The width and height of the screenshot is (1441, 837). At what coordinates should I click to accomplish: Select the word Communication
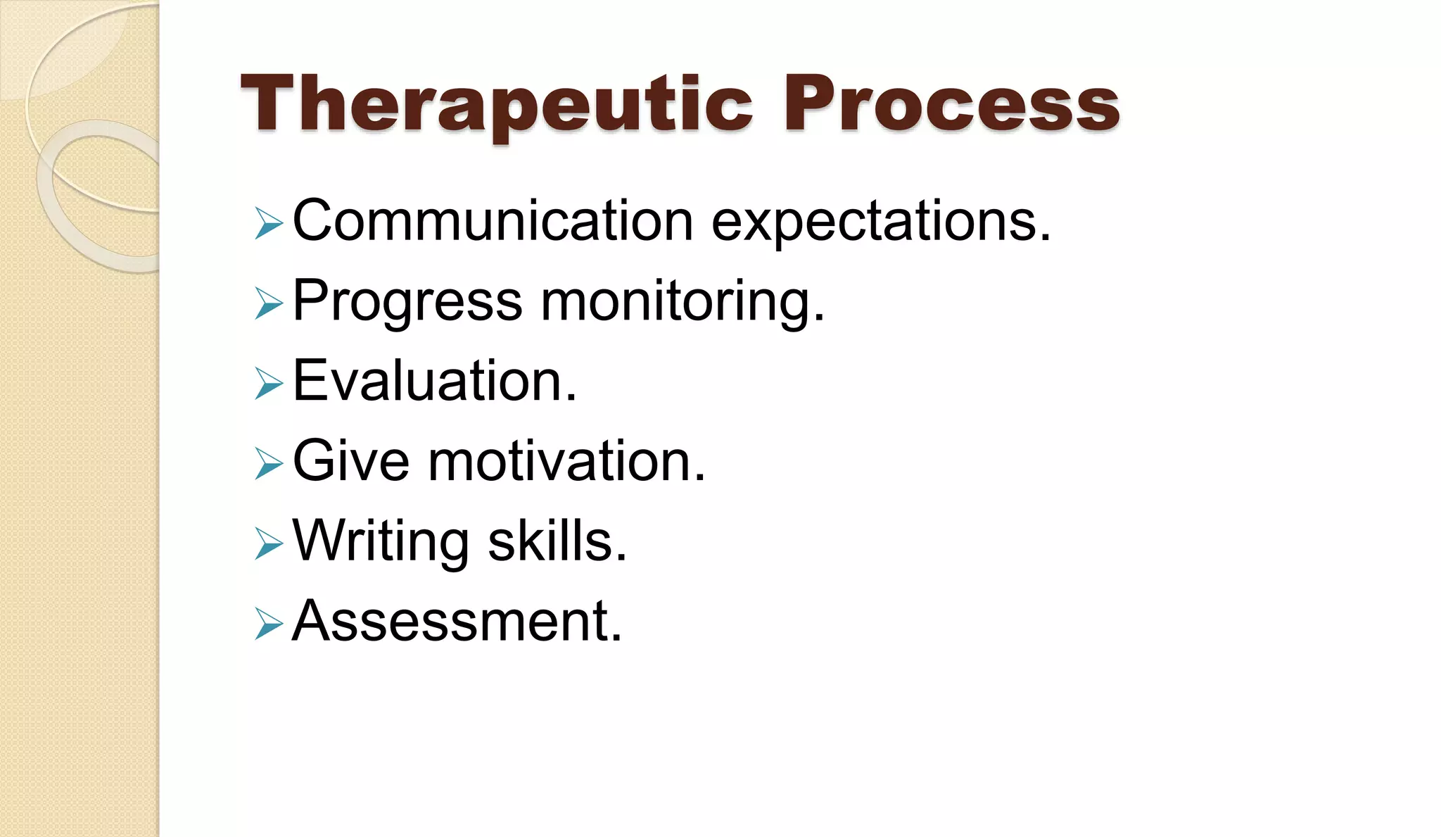pos(493,221)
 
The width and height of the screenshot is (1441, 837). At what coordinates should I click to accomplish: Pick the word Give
pos(350,462)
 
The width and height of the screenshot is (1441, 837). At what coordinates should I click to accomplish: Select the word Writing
pos(381,542)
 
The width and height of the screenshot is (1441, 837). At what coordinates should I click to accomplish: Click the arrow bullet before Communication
pos(269,224)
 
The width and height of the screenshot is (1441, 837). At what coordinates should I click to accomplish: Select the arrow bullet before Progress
pos(269,304)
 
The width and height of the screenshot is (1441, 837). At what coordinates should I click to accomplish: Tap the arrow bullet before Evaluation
pos(269,384)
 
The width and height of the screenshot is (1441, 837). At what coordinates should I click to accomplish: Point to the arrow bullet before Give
pos(269,465)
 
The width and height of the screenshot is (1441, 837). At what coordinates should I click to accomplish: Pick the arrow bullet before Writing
pos(269,544)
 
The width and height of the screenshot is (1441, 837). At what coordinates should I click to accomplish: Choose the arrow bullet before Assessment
pos(269,624)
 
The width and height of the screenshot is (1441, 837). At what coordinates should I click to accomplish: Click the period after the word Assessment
pos(616,638)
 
